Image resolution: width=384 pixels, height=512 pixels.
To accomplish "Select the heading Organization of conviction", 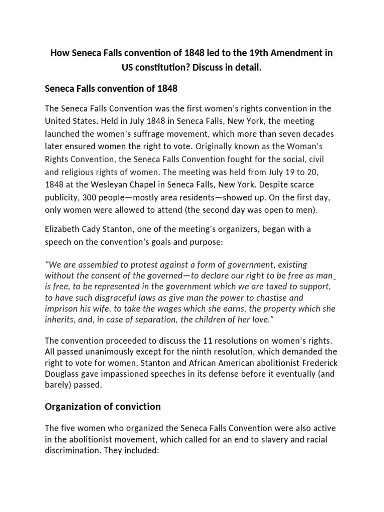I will (x=103, y=406).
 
